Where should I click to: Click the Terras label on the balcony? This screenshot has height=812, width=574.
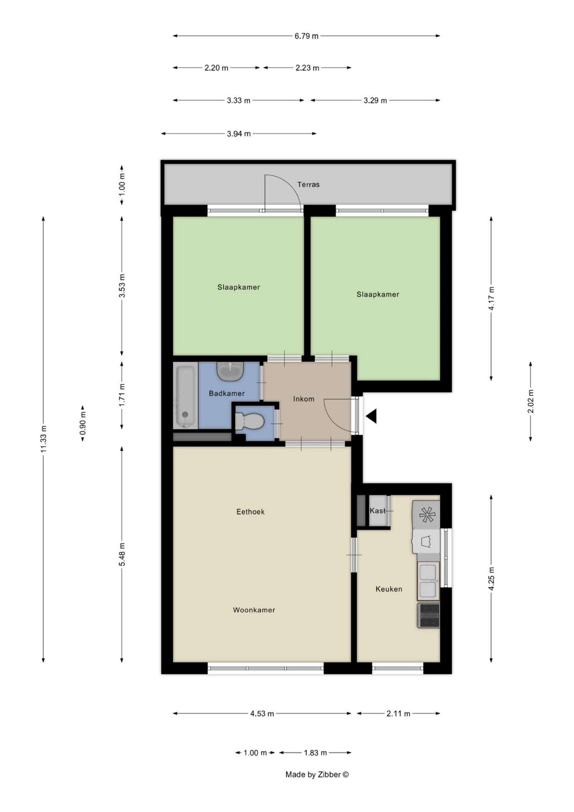pyautogui.click(x=308, y=185)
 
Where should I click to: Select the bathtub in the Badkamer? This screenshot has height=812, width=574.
pyautogui.click(x=185, y=395)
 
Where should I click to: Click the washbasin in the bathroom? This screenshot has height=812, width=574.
pyautogui.click(x=231, y=371)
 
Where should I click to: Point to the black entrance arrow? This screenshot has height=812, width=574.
pyautogui.click(x=371, y=416)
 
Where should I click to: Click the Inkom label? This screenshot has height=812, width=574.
pyautogui.click(x=304, y=399)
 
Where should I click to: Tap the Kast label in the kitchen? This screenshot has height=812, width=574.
pyautogui.click(x=377, y=510)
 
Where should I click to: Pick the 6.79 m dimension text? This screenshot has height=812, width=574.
pyautogui.click(x=306, y=36)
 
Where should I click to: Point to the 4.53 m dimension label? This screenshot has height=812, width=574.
pyautogui.click(x=262, y=714)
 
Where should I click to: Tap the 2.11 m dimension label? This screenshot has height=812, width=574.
pyautogui.click(x=398, y=714)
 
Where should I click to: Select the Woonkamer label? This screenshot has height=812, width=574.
pyautogui.click(x=254, y=610)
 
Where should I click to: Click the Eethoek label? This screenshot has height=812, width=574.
pyautogui.click(x=250, y=512)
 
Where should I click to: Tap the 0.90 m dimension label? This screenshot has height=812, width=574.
pyautogui.click(x=83, y=424)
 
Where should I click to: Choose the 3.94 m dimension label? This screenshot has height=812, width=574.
pyautogui.click(x=239, y=134)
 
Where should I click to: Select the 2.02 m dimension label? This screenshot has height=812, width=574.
pyautogui.click(x=531, y=401)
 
